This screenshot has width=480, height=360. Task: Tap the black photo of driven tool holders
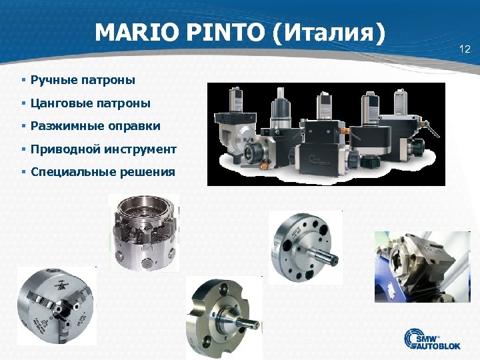pyautogui.click(x=325, y=134)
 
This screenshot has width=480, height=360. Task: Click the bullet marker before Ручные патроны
pyautogui.click(x=23, y=81)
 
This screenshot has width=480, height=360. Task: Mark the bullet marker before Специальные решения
pyautogui.click(x=23, y=172)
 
